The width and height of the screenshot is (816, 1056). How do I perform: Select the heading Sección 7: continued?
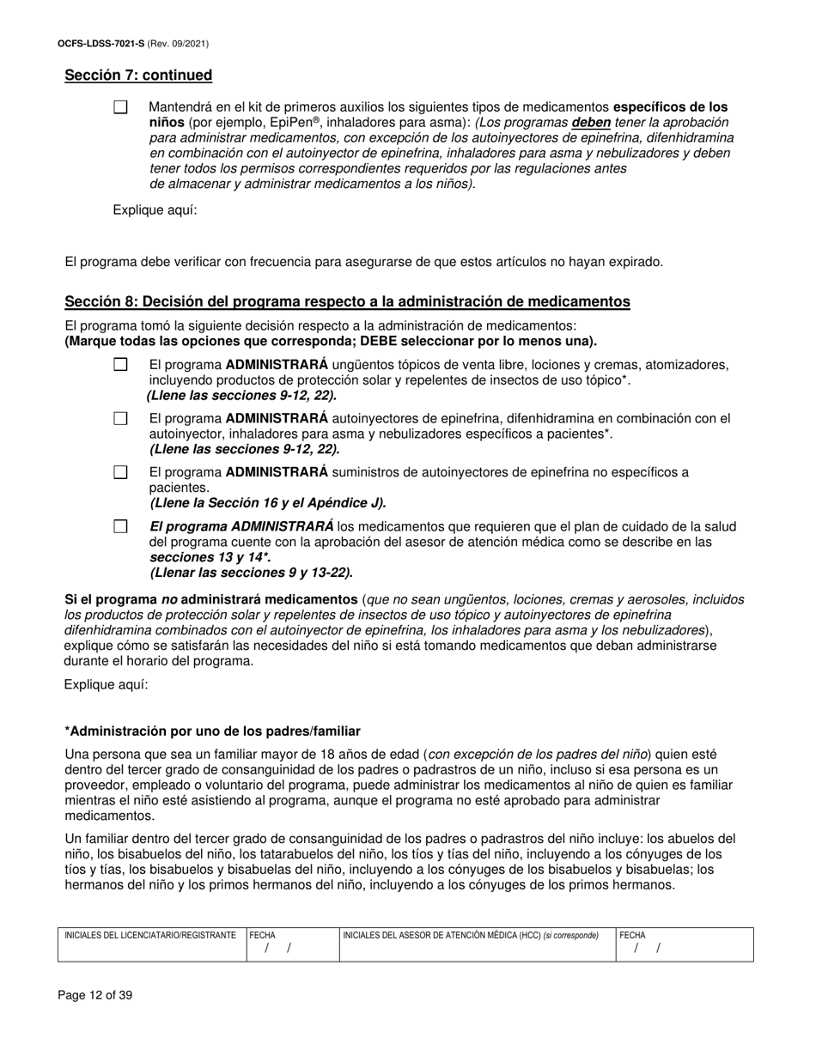(x=138, y=76)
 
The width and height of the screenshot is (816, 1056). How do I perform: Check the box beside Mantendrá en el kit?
(x=120, y=107)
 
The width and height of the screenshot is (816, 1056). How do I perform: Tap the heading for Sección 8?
(x=347, y=301)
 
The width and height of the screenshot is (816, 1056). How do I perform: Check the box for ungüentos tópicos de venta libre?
(x=120, y=365)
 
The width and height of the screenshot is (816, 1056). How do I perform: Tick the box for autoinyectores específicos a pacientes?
(x=120, y=419)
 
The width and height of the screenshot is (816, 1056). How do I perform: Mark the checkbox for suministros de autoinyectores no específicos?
(x=120, y=472)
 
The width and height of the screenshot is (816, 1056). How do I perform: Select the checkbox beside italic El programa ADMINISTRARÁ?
(x=120, y=526)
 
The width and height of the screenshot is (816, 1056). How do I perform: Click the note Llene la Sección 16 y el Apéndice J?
(x=268, y=503)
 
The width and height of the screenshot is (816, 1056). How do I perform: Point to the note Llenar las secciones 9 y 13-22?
(x=251, y=573)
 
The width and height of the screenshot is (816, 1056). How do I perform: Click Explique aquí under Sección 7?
(x=155, y=209)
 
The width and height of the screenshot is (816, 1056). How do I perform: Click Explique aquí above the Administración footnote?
(x=106, y=684)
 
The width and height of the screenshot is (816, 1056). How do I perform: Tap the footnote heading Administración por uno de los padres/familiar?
(x=212, y=731)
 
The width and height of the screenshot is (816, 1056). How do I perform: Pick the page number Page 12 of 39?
(x=95, y=996)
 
